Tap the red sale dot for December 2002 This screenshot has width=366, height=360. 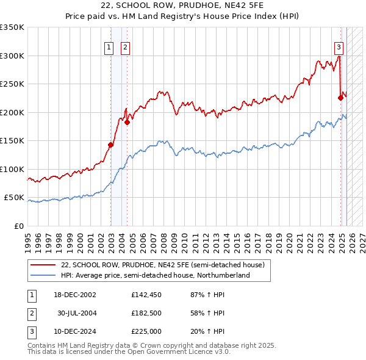pos(111,145)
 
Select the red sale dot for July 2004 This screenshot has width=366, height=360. pos(127,122)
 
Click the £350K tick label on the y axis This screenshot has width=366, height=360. pos(12,27)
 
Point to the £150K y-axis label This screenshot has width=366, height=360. pos(12,141)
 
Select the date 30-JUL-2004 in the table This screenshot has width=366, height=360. pos(77,313)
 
